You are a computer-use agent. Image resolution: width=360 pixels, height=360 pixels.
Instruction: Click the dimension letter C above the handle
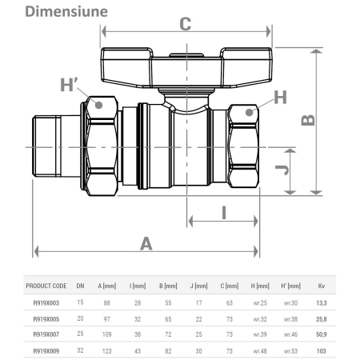point(185,24)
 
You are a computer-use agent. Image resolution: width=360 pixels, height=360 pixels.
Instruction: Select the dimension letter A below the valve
point(146,243)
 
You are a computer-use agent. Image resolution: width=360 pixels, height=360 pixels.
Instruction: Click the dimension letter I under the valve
point(224,212)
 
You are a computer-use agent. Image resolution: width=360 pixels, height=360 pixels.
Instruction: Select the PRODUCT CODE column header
point(46,286)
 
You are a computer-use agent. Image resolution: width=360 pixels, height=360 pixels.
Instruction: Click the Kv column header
point(322,286)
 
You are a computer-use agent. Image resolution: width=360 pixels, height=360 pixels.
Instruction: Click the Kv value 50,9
point(322,334)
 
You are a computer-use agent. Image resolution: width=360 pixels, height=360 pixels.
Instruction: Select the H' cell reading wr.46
point(290,334)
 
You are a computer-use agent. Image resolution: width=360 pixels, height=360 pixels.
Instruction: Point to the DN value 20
point(80,318)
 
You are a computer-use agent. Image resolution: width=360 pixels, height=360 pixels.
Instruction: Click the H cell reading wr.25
point(258,302)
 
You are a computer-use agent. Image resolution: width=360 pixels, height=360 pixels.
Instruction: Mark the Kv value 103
point(322,350)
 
